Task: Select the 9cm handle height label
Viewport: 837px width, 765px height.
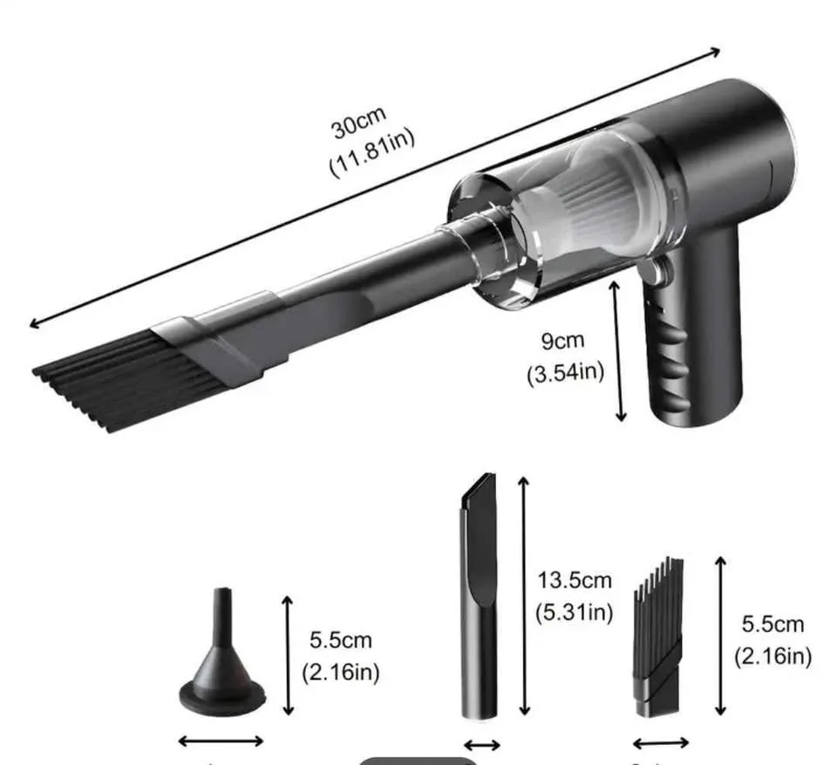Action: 563,340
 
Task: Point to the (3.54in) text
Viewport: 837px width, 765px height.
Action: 565,373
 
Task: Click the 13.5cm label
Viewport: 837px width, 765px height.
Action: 575,580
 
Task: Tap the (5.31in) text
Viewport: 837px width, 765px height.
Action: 575,612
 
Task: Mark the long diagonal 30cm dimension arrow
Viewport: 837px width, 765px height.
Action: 375,187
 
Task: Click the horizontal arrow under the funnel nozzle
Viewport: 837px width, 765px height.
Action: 221,741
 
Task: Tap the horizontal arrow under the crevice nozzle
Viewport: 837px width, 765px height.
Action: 481,745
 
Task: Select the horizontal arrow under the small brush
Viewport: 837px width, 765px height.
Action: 660,743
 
